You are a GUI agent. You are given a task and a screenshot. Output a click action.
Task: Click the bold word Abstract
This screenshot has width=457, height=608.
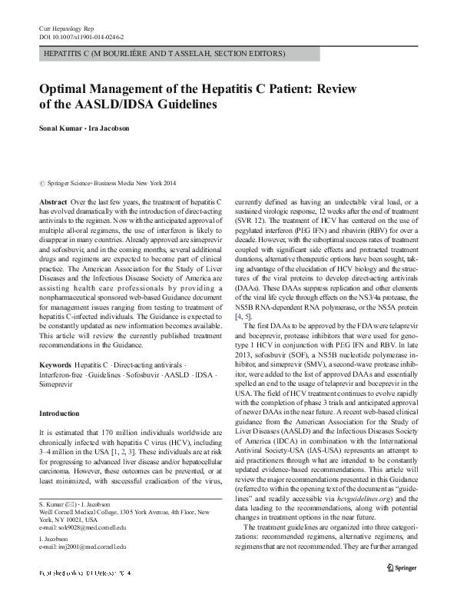[x=52, y=200]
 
